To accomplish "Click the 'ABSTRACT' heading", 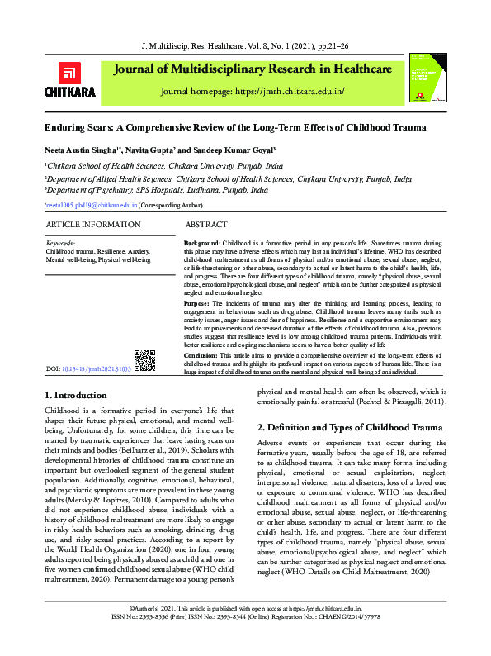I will (x=206, y=225).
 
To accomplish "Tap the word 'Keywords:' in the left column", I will (x=60, y=245).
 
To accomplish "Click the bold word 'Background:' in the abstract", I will (x=201, y=245).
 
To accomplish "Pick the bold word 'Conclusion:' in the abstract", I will (x=202, y=354).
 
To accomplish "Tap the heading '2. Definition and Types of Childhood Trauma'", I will (x=350, y=427).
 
